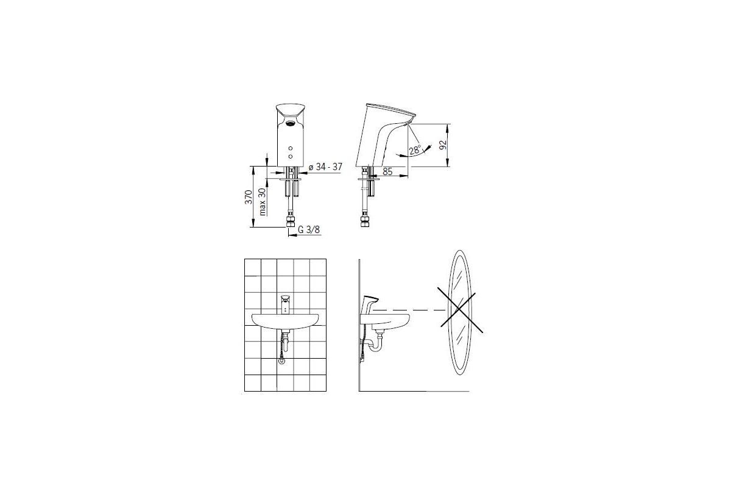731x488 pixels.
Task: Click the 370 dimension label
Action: [x=249, y=197]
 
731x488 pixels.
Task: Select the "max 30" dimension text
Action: [x=263, y=202]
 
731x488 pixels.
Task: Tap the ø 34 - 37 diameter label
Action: [x=325, y=167]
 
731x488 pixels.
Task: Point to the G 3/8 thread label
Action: [x=309, y=230]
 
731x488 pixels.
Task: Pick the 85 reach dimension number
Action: [x=387, y=171]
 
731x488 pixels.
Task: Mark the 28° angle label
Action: [x=415, y=150]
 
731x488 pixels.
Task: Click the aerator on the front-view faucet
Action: [x=290, y=123]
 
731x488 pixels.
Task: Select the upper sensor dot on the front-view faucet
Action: [x=291, y=149]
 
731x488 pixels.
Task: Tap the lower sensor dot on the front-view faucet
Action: [x=291, y=157]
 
